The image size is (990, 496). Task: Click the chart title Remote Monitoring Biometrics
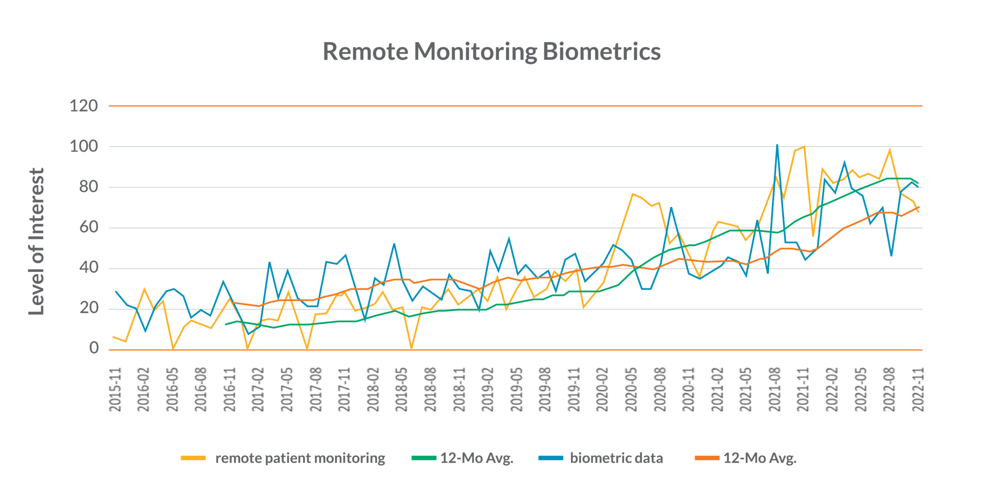(x=491, y=52)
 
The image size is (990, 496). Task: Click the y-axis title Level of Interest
(x=37, y=241)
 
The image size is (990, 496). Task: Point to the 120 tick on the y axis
(x=84, y=106)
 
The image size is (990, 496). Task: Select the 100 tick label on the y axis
(x=84, y=146)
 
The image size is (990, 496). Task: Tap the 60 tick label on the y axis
(x=88, y=227)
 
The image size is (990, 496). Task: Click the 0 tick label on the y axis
(x=94, y=348)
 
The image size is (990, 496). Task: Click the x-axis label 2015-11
(x=116, y=389)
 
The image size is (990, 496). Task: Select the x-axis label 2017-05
(x=288, y=389)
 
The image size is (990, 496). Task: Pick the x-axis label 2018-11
(x=460, y=389)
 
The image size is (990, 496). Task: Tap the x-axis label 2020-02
(x=603, y=389)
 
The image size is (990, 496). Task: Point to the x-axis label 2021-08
(x=775, y=389)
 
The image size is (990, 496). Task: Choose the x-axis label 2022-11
(x=918, y=389)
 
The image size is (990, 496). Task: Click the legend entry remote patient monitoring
(x=300, y=458)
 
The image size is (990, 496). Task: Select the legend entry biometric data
(x=616, y=458)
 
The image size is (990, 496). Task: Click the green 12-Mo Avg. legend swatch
(x=424, y=458)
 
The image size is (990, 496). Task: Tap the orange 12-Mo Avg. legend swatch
(x=707, y=458)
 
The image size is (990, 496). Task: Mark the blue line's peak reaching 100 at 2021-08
(x=777, y=145)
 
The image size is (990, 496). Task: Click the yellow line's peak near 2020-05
(x=632, y=194)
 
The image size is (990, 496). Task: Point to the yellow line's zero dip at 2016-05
(x=173, y=349)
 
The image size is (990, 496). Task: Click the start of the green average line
(x=226, y=324)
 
